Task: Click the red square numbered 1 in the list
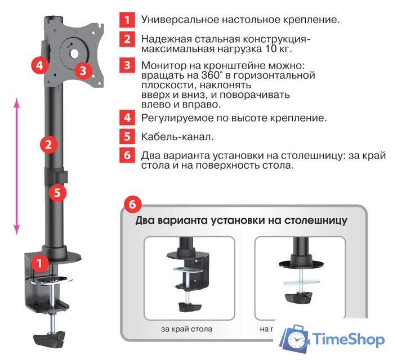pyautogui.click(x=127, y=20)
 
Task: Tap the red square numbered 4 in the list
pyautogui.click(x=127, y=118)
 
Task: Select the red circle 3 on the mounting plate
pyautogui.click(x=83, y=71)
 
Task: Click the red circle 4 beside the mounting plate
pyautogui.click(x=38, y=65)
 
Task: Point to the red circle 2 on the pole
pyautogui.click(x=49, y=145)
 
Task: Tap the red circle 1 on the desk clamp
pyautogui.click(x=39, y=262)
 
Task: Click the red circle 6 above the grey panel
pyautogui.click(x=133, y=204)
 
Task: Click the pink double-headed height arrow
pyautogui.click(x=17, y=166)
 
